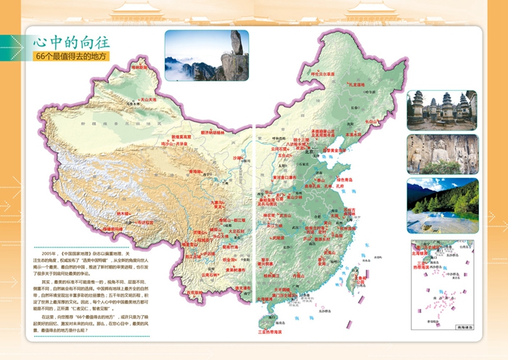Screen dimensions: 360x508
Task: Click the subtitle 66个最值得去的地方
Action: (x=75, y=56)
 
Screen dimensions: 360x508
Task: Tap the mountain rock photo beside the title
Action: (x=206, y=54)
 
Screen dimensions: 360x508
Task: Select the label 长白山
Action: (x=372, y=122)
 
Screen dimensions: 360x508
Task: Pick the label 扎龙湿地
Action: (x=361, y=85)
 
